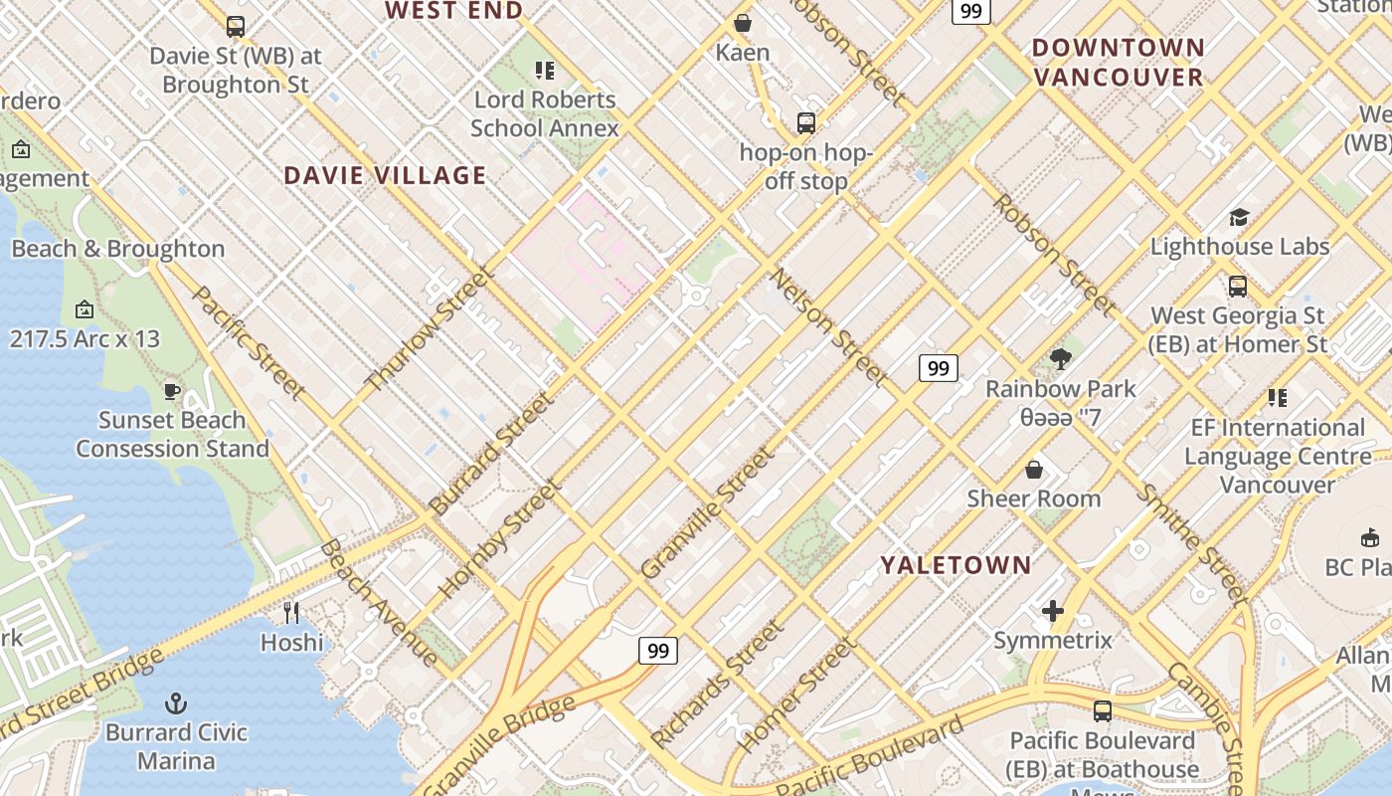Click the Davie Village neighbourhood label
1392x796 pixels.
[x=385, y=176]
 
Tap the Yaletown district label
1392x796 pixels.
[x=956, y=565]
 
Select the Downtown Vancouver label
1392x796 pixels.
[x=1118, y=62]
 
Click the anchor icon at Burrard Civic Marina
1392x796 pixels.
[x=176, y=703]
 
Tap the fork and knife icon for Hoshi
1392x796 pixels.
[x=291, y=612]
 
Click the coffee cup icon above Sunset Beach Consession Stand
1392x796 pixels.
[x=172, y=391]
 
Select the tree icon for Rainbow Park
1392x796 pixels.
[x=1061, y=359]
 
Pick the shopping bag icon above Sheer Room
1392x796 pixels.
[x=1034, y=469]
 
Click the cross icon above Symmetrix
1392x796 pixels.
[x=1053, y=610]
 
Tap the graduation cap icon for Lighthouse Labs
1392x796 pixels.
[x=1239, y=217]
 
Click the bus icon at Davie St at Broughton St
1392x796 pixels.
[x=236, y=27]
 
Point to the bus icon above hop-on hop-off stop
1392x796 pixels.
[x=806, y=123]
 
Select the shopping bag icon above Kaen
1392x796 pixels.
[x=743, y=23]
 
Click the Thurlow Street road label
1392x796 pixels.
[x=430, y=328]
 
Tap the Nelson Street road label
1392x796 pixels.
[x=827, y=325]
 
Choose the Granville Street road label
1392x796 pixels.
[x=707, y=513]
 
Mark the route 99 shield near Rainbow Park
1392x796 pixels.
[x=938, y=368]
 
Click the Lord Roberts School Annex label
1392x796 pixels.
[x=545, y=113]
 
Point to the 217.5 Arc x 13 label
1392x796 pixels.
[x=85, y=338]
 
